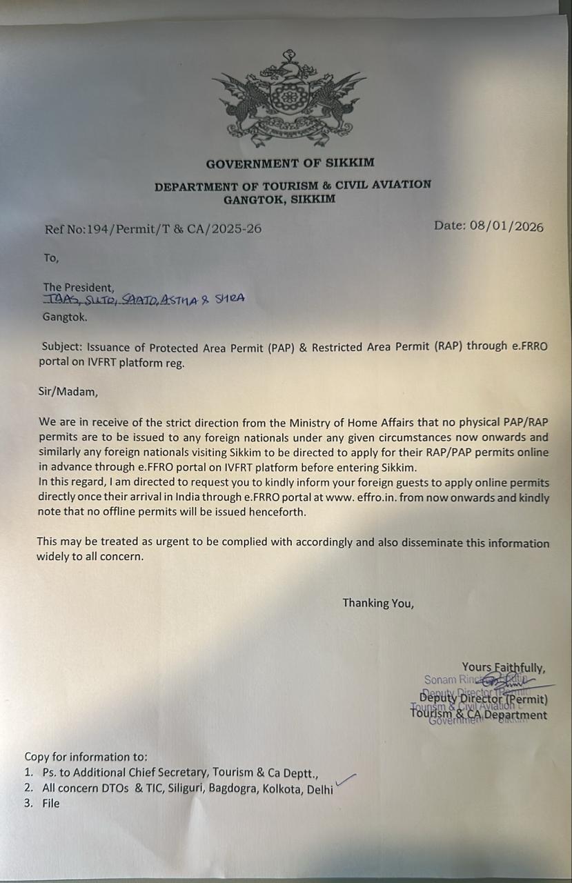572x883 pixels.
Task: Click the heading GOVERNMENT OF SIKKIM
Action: point(290,163)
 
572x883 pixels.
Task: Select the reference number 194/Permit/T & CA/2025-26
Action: point(173,229)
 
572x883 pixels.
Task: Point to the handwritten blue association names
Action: point(144,299)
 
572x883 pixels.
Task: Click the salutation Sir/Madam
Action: point(68,392)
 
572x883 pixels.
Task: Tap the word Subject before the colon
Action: point(61,347)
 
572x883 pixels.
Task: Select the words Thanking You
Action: point(378,603)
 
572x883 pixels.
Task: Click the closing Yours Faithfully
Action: point(504,667)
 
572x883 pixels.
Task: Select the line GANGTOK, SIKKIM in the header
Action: point(279,199)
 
